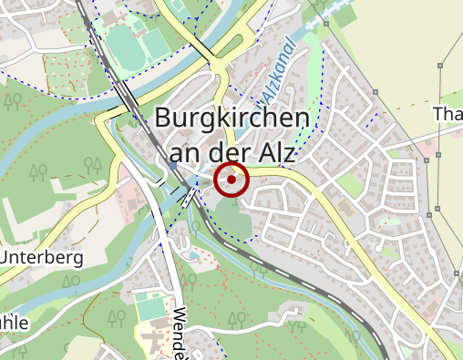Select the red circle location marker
coord(231,180)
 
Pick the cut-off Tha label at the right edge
coord(448,114)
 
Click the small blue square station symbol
coord(172,167)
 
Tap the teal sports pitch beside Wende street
coord(151,307)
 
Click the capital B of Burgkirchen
coord(165,118)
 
